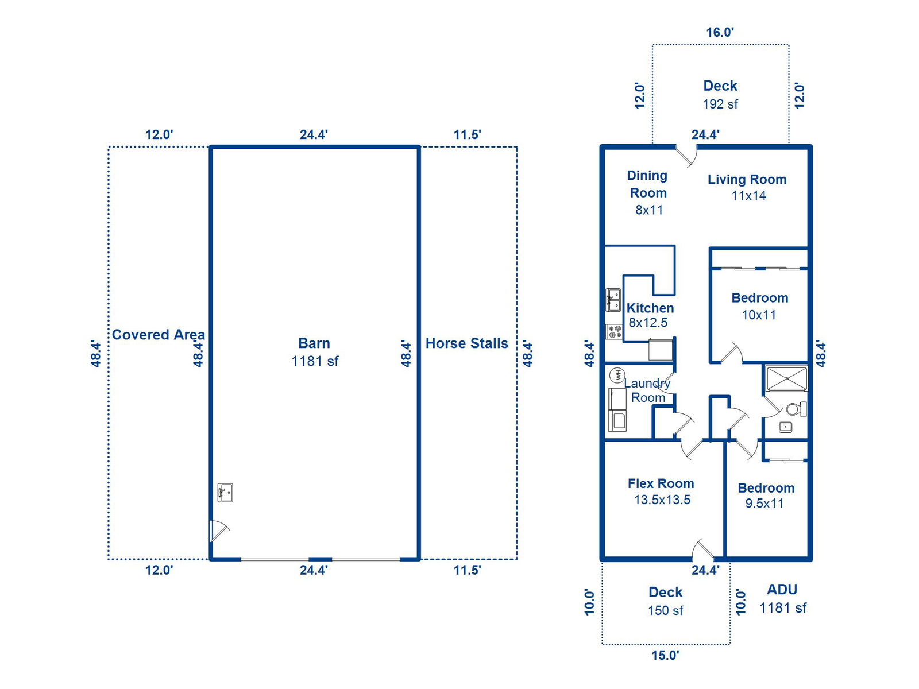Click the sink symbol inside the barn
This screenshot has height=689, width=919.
click(x=225, y=493)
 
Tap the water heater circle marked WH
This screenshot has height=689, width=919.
click(x=617, y=375)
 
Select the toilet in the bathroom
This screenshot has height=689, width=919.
click(x=796, y=409)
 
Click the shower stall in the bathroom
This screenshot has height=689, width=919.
click(x=786, y=378)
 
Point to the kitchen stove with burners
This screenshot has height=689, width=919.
click(x=614, y=331)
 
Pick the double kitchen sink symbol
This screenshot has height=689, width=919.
click(x=613, y=300)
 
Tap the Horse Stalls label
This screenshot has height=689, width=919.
click(x=466, y=343)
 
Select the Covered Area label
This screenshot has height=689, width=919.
click(x=159, y=334)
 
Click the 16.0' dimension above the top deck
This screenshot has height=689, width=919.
click(x=720, y=32)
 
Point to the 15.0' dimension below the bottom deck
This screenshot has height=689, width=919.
click(x=665, y=655)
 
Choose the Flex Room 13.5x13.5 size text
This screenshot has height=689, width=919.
click(x=662, y=500)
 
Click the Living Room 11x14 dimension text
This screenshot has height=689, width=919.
click(x=748, y=195)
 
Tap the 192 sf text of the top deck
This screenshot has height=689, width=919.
click(x=720, y=104)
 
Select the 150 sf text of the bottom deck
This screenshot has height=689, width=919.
click(x=665, y=610)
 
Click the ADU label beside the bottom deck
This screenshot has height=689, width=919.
click(x=782, y=589)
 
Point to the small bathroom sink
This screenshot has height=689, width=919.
click(x=785, y=427)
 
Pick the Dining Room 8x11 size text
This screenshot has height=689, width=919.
click(x=649, y=210)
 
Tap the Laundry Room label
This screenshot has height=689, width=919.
click(x=647, y=390)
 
